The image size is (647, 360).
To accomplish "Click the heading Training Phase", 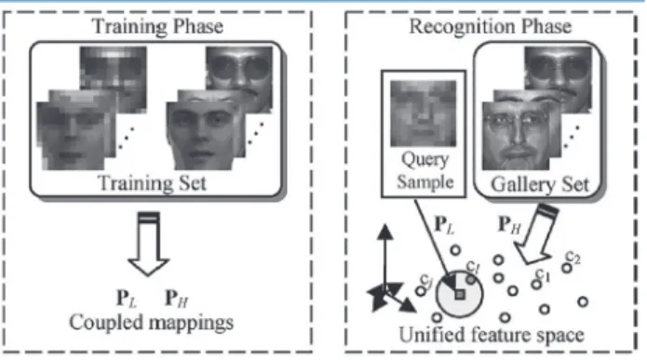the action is (x=157, y=27).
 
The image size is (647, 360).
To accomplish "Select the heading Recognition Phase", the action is (x=491, y=27).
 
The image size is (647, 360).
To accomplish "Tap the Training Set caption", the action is (x=152, y=182).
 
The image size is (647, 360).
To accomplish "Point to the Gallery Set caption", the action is (x=540, y=184).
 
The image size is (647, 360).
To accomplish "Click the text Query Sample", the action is (x=425, y=170).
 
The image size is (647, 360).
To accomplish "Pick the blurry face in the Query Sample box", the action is (x=424, y=113).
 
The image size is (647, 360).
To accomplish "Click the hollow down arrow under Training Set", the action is (x=149, y=244).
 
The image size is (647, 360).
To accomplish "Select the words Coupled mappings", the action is (x=151, y=323).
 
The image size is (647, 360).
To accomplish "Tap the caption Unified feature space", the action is (x=492, y=335).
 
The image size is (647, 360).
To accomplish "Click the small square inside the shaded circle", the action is (x=460, y=295).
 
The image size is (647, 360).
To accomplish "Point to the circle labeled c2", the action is (x=567, y=268).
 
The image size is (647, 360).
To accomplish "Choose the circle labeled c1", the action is (x=536, y=284).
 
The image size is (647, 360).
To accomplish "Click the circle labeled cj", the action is (x=421, y=291).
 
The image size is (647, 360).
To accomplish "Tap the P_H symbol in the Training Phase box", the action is (x=177, y=299).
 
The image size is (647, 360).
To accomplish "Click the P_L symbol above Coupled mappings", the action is (x=127, y=299).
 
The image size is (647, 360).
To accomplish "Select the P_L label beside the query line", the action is (x=444, y=225).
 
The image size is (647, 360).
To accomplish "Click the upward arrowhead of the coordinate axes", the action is (x=385, y=232).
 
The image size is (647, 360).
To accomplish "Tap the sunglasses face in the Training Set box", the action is (x=239, y=78).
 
